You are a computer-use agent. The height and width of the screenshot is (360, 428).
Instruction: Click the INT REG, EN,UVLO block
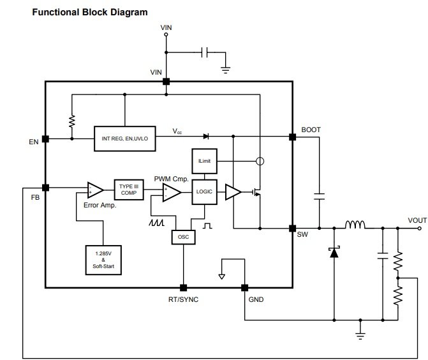tap(125, 139)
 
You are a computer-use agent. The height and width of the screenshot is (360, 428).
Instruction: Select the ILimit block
tap(205, 161)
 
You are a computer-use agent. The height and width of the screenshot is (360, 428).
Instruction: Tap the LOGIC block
tap(205, 191)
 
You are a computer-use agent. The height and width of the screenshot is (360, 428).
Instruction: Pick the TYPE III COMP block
tap(129, 190)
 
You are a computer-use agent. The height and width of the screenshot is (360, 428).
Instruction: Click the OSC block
tap(184, 237)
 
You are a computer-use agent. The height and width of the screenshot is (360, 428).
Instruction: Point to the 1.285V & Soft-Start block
tap(103, 260)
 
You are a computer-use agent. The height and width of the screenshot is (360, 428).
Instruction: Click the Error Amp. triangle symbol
tap(95, 190)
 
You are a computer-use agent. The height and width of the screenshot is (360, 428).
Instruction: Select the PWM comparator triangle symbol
tap(172, 193)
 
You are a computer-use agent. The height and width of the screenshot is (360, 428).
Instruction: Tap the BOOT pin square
tap(293, 137)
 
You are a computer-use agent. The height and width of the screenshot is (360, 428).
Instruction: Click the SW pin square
tap(293, 229)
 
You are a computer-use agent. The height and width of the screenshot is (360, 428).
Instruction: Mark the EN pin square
tap(45, 139)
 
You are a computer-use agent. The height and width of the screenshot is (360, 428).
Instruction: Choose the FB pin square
tap(45, 188)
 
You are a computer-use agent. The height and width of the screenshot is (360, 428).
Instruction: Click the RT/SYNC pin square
tap(184, 288)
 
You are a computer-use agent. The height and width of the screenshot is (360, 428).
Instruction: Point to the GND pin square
tap(244, 288)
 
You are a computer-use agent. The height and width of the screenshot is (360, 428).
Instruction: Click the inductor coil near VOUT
tap(355, 225)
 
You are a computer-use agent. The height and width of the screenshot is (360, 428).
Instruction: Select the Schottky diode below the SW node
tap(334, 252)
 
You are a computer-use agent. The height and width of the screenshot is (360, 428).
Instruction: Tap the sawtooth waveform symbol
tap(156, 223)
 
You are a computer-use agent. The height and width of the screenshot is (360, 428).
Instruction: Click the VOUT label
tap(417, 220)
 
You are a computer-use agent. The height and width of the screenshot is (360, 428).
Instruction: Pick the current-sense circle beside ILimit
tap(260, 161)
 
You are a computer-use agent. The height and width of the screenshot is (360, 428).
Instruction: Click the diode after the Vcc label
tap(206, 137)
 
